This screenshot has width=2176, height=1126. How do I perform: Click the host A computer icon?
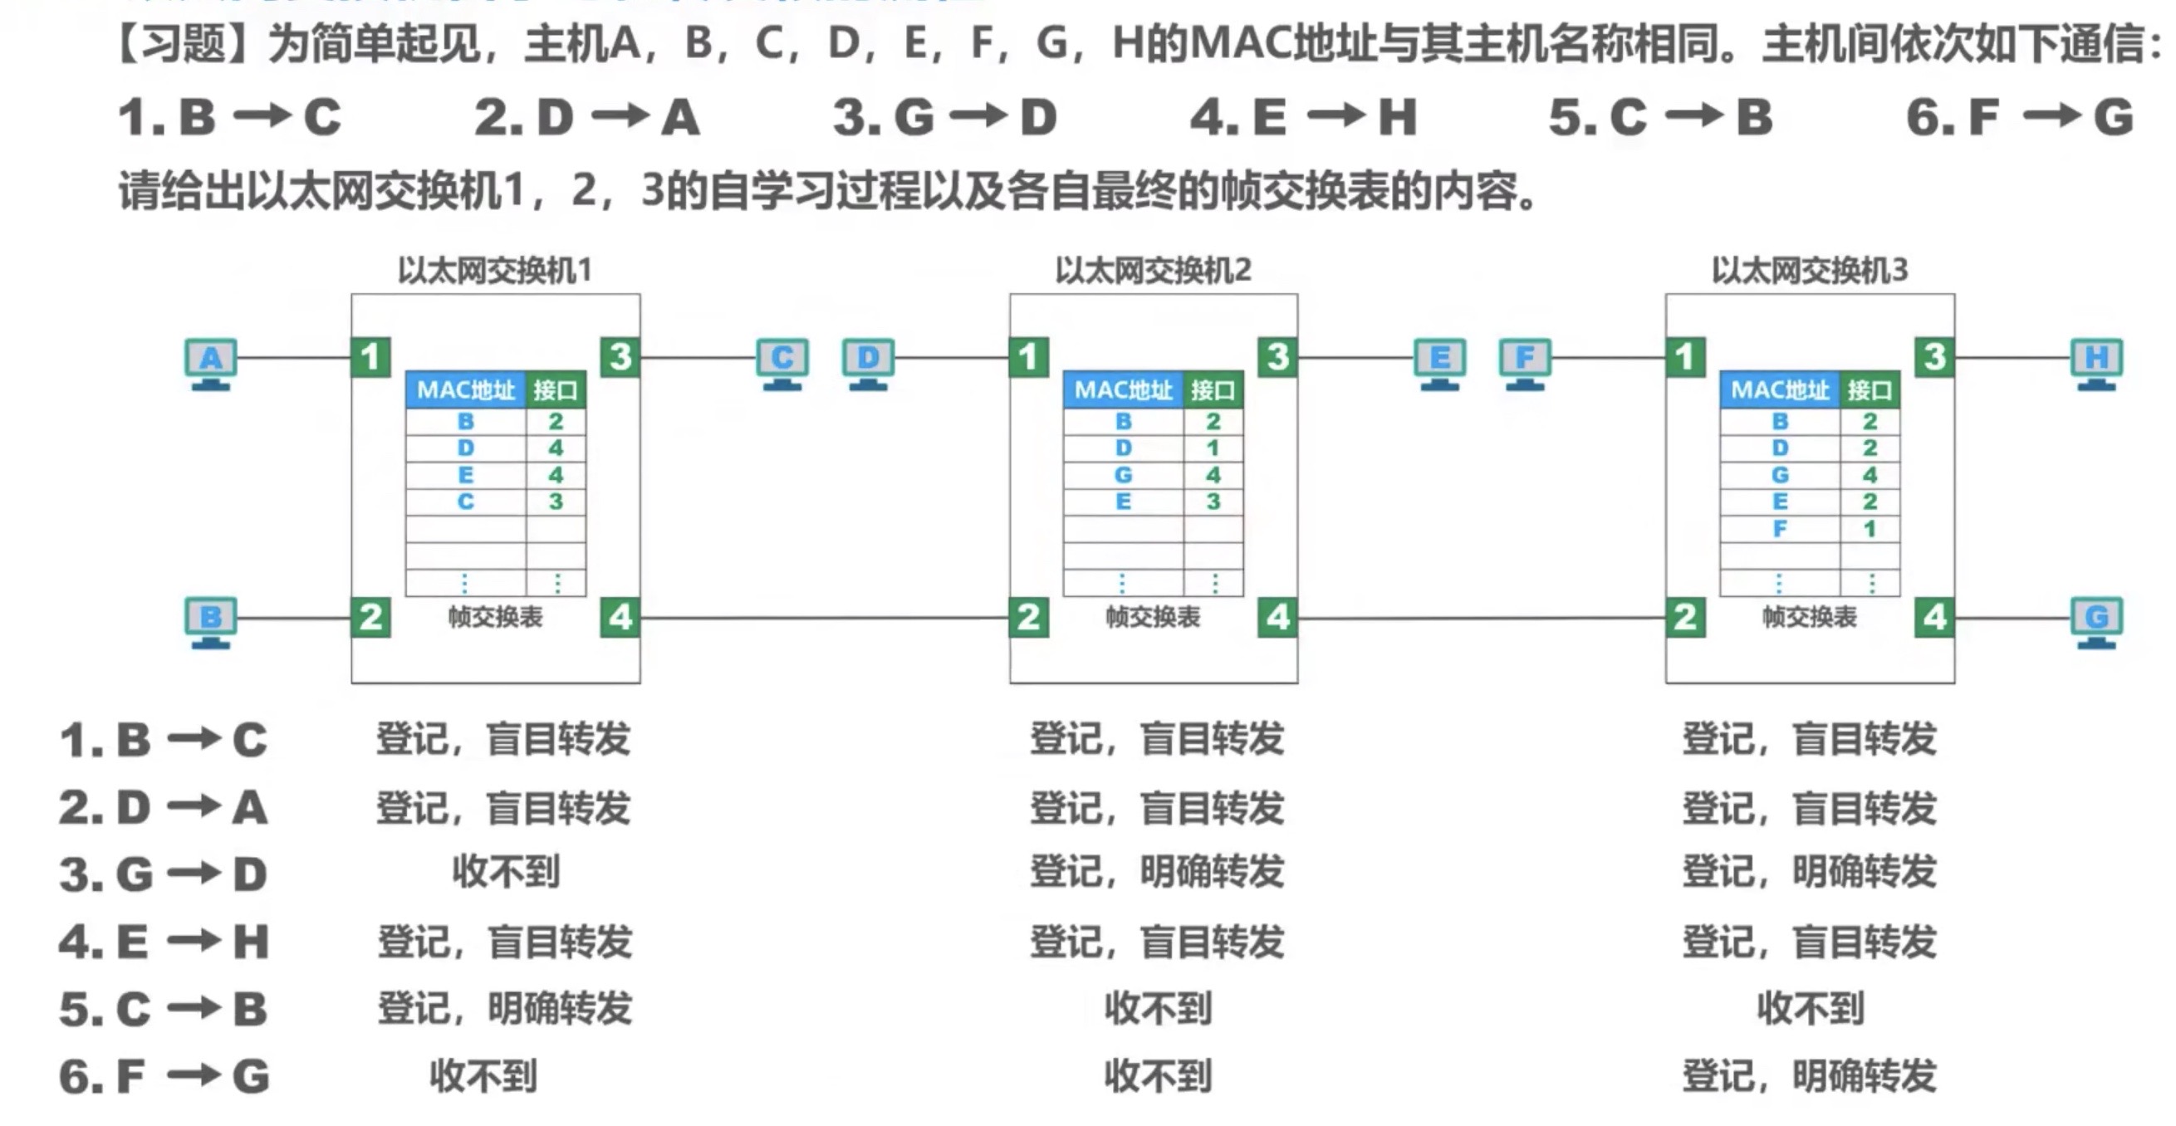[210, 363]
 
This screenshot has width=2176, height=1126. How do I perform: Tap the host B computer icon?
[210, 623]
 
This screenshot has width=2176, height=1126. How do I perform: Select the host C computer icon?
[782, 363]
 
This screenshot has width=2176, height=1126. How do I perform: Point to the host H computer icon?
[2096, 363]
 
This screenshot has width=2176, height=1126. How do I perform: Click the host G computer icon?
[2096, 623]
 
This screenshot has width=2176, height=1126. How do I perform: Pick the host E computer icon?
[1439, 363]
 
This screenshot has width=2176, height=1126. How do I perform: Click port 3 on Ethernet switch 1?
[620, 356]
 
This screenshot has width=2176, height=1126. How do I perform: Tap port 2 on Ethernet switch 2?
[1028, 617]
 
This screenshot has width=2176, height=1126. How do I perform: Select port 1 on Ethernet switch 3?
[1685, 356]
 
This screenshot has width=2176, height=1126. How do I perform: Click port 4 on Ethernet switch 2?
[1277, 617]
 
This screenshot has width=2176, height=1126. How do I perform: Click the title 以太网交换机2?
[1152, 271]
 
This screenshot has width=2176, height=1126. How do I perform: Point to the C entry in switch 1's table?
[465, 502]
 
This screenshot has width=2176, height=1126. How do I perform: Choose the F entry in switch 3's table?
[1780, 529]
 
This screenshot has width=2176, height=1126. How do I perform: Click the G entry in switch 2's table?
[1123, 475]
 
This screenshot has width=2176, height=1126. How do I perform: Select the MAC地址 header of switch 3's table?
[1780, 389]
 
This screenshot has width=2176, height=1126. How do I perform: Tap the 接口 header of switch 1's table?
[555, 389]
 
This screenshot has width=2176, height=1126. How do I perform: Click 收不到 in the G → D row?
[505, 872]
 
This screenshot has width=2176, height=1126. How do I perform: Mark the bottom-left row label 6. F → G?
[164, 1076]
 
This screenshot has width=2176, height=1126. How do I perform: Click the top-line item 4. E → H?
[1302, 116]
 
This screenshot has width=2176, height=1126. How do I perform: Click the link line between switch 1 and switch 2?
[824, 618]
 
